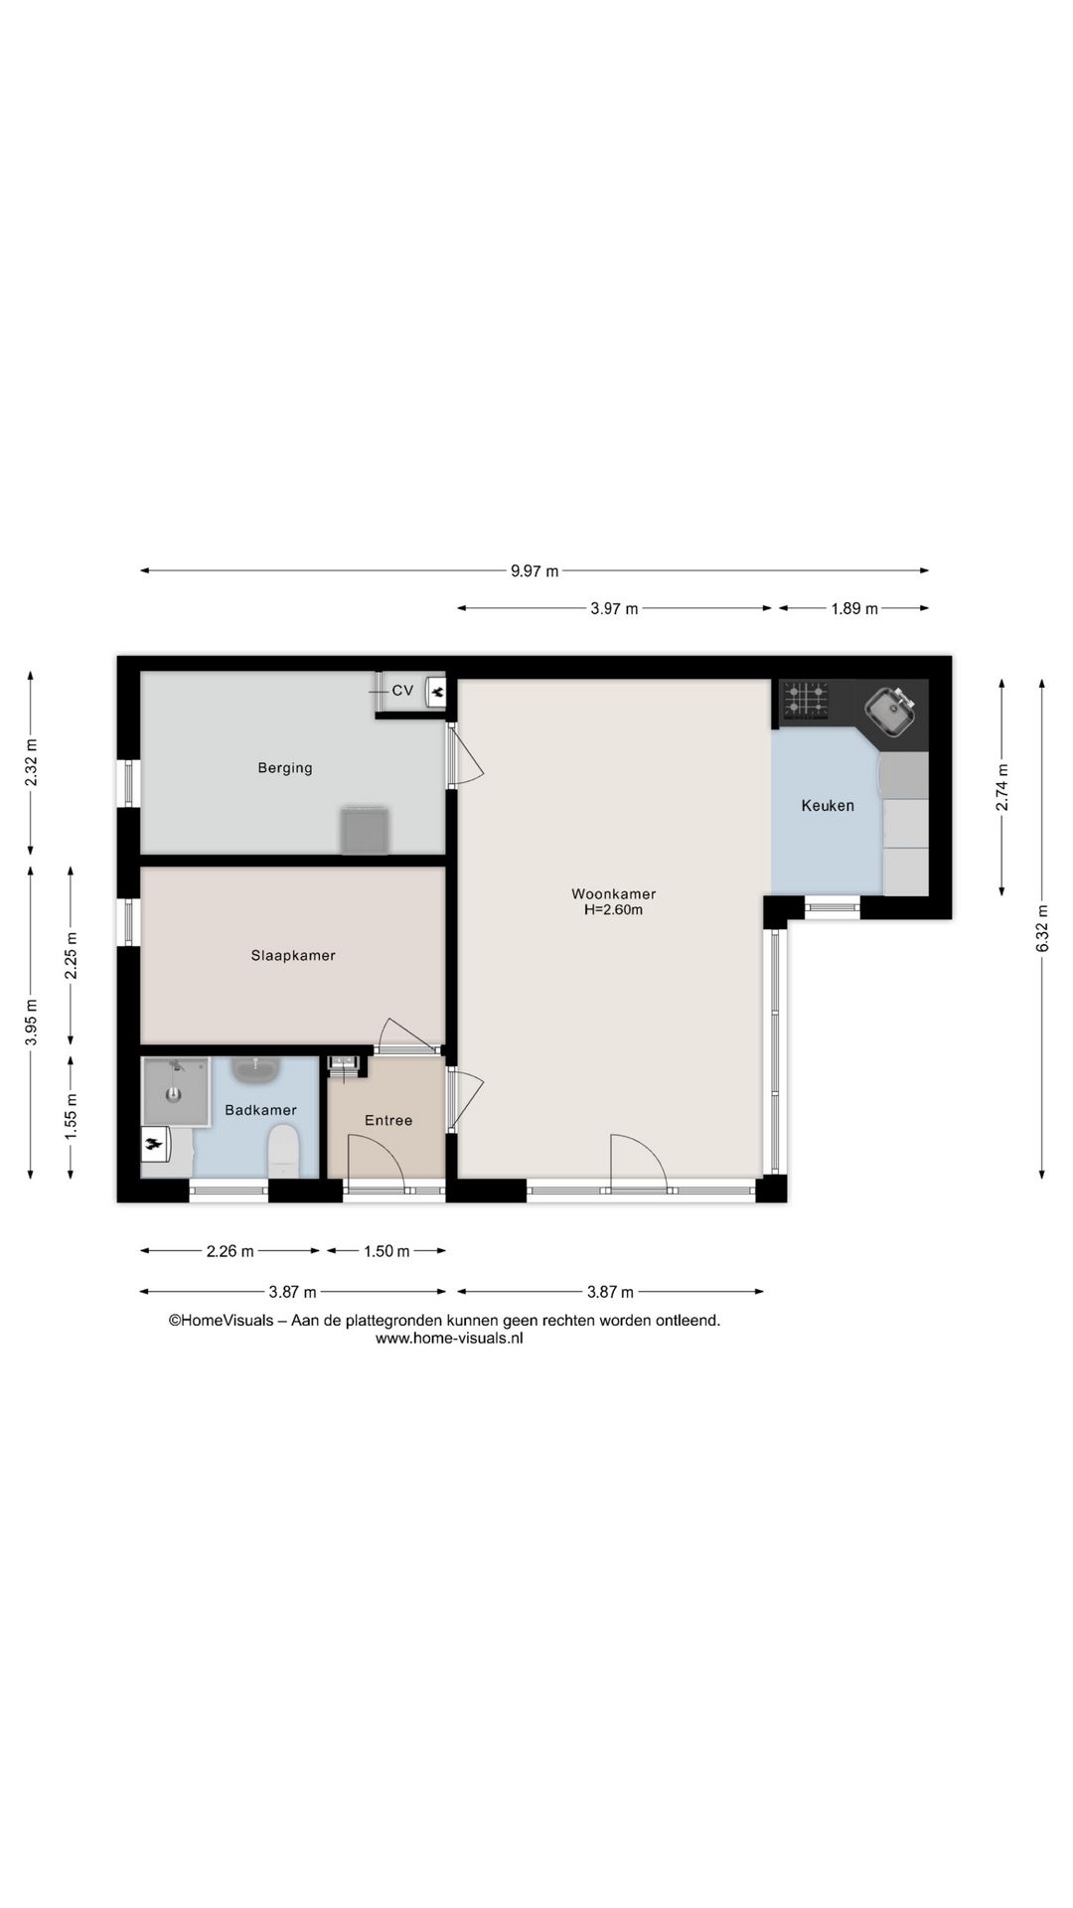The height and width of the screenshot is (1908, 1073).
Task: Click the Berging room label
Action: [x=285, y=768]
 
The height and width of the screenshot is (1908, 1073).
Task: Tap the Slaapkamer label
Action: [x=293, y=956]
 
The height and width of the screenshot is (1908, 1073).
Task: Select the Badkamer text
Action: [x=260, y=1110]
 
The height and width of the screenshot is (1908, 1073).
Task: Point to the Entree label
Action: [x=388, y=1120]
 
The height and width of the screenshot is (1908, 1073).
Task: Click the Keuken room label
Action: [x=828, y=806]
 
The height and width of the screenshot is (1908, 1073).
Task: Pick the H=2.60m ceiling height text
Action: [x=613, y=909]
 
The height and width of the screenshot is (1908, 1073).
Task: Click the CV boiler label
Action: [x=402, y=691]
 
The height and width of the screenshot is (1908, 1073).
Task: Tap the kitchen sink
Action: [x=890, y=712]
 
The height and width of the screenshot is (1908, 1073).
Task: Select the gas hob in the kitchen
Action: [x=805, y=700]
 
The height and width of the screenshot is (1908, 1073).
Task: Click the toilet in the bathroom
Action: [x=283, y=1151]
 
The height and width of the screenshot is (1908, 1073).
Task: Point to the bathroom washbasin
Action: [x=257, y=1070]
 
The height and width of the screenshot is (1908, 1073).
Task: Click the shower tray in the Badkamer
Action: [x=176, y=1091]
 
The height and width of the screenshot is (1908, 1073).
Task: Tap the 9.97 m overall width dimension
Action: [x=535, y=571]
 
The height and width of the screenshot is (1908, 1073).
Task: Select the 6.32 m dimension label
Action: [x=1042, y=928]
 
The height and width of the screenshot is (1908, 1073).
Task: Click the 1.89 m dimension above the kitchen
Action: [x=854, y=609]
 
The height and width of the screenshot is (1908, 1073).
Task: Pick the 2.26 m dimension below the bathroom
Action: [x=230, y=1251]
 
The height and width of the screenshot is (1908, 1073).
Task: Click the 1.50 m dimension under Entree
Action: [x=386, y=1251]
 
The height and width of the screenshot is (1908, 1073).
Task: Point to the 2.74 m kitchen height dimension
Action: [x=1002, y=788]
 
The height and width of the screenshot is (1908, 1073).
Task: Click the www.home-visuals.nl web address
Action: [x=449, y=1339]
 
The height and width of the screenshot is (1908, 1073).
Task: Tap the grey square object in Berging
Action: [x=365, y=831]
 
